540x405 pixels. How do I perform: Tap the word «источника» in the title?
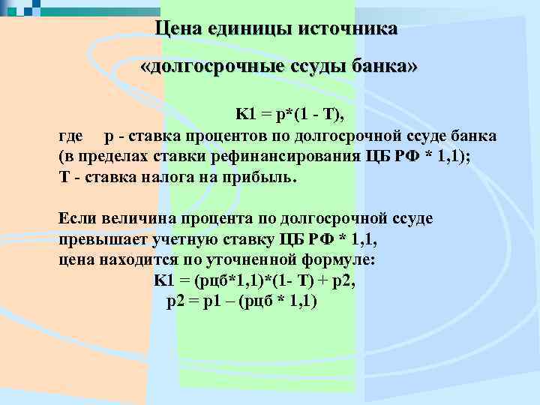(x=349, y=29)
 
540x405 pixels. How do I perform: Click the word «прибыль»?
(x=264, y=178)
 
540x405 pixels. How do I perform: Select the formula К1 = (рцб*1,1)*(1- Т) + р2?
(x=254, y=280)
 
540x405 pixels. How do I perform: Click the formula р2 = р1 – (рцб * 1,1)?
(x=241, y=301)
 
